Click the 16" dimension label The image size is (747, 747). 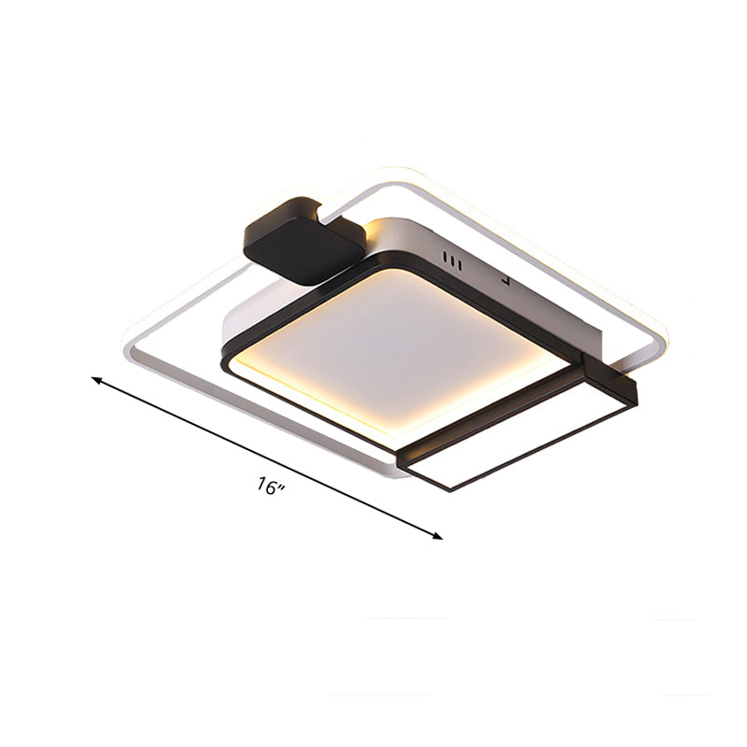(272, 486)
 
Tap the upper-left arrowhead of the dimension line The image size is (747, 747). (96, 379)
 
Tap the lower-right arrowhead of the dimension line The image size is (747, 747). (437, 536)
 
